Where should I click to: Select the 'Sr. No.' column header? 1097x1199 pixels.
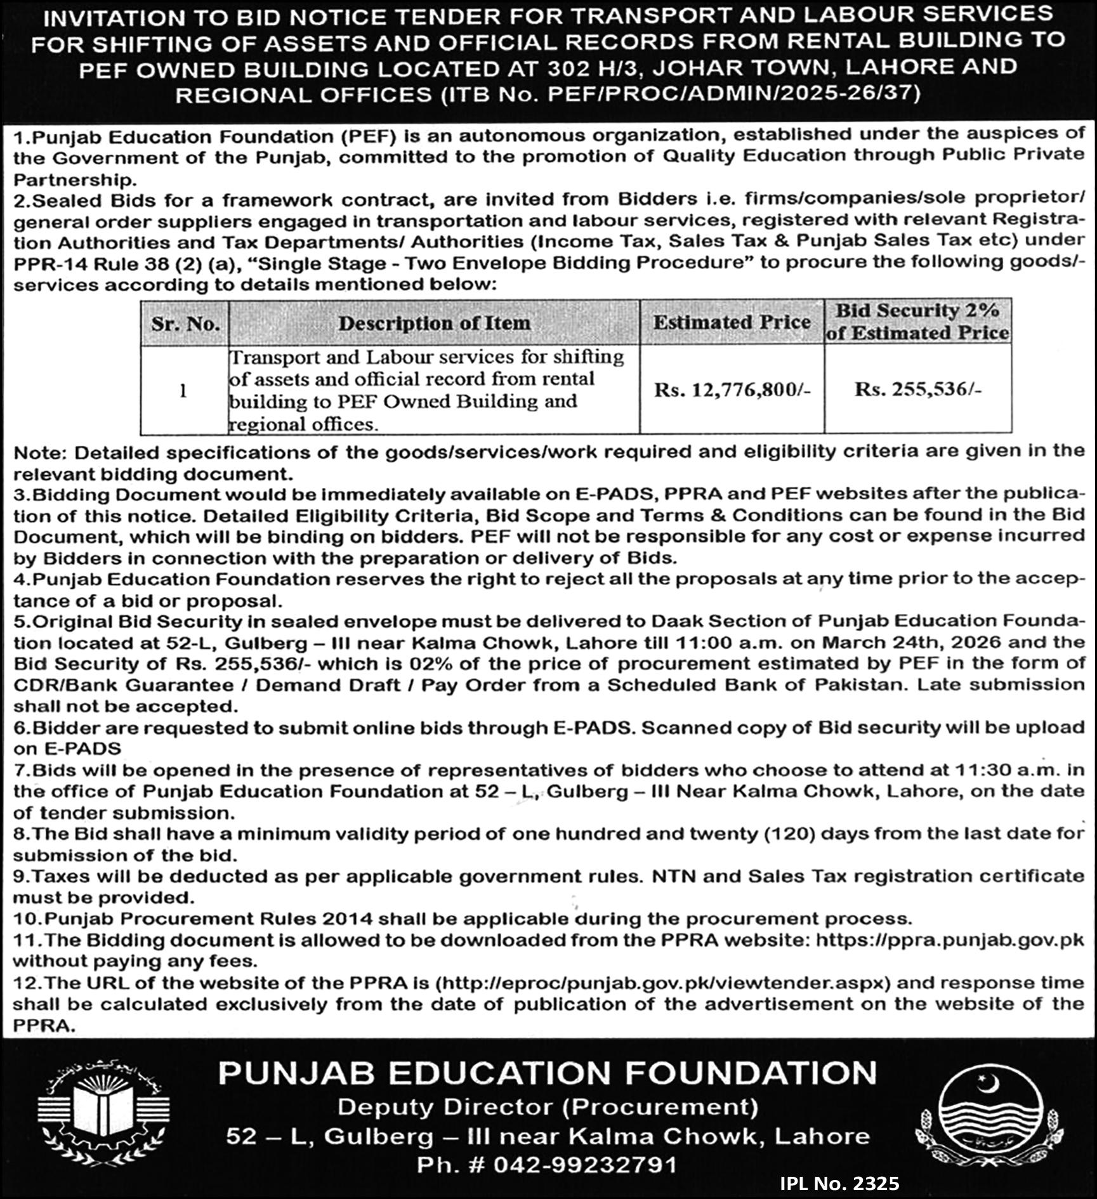pos(185,324)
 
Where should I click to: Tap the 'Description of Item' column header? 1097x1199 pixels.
pos(434,323)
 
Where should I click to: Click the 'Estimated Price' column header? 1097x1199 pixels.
pos(732,322)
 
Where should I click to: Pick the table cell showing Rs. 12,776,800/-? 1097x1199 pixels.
pos(732,390)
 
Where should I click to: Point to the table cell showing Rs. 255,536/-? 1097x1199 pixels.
pos(917,389)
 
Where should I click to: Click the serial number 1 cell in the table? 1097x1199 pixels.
pos(183,391)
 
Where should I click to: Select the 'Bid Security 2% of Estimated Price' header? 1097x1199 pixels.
pos(917,322)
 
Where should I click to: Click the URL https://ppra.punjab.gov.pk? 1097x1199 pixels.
pos(950,940)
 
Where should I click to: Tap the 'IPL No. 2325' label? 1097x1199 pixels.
pos(839,1184)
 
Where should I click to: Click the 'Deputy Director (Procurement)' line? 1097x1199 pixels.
pos(548,1107)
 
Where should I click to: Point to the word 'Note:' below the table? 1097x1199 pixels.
pos(41,453)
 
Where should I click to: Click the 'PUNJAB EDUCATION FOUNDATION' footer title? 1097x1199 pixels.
pos(548,1073)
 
